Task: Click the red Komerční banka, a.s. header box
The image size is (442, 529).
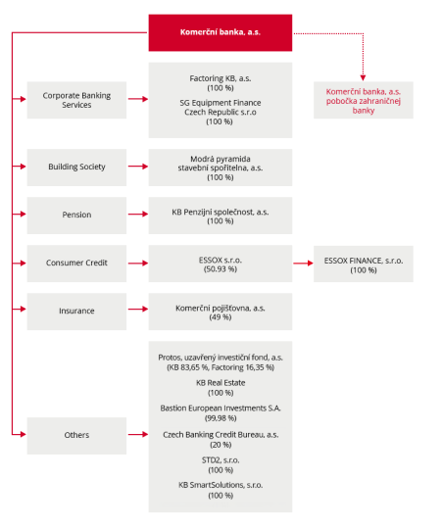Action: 220,32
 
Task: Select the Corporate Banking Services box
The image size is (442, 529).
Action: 76,100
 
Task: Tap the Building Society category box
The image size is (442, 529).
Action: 76,167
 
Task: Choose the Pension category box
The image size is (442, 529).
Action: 76,215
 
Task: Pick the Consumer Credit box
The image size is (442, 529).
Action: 76,263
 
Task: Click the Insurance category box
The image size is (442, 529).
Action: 76,311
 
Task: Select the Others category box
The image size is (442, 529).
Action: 76,435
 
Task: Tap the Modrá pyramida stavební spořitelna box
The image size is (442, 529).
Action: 220,167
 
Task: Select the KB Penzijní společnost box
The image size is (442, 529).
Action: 220,215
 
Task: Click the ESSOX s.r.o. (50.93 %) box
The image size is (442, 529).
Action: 220,263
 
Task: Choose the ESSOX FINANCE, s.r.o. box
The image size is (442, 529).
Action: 363,263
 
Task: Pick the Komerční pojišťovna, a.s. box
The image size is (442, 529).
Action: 220,311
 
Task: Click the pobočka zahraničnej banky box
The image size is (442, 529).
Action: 363,100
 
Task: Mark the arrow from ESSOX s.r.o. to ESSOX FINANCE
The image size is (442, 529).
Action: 303,263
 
